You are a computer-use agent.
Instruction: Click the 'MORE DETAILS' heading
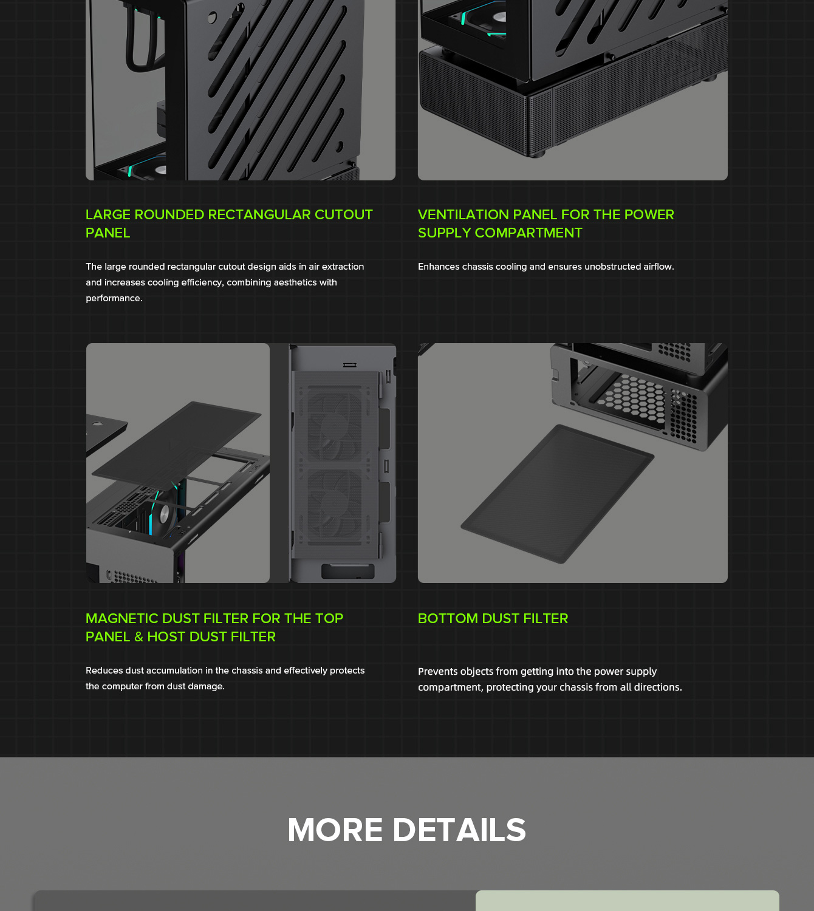coord(406,830)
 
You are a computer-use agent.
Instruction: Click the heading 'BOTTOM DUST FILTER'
coord(493,618)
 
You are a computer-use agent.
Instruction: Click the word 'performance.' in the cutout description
coord(114,298)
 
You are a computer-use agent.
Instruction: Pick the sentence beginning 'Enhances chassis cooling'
coord(546,267)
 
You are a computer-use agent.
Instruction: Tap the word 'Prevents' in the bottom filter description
coord(437,671)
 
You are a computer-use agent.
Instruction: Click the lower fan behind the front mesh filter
coord(334,504)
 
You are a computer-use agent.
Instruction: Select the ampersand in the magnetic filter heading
coord(139,636)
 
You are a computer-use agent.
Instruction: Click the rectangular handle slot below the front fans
coord(347,571)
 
